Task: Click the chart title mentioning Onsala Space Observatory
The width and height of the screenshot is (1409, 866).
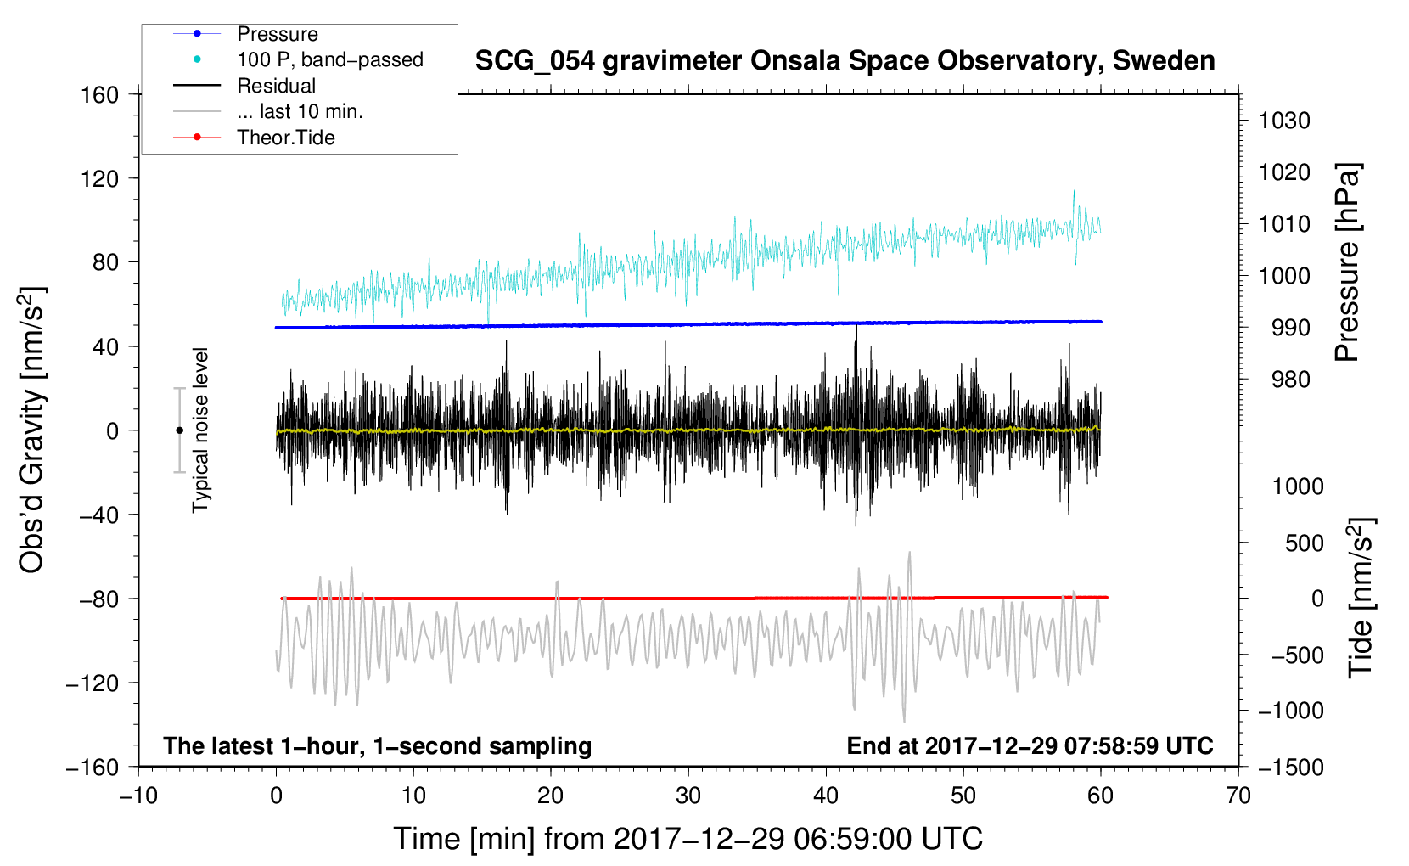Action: tap(845, 61)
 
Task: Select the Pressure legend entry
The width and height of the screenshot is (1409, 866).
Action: tap(277, 34)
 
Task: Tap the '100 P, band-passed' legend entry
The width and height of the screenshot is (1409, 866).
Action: tap(329, 59)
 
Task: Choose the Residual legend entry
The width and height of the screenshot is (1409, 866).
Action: tap(276, 86)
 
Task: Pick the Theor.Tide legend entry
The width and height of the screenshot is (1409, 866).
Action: tap(285, 138)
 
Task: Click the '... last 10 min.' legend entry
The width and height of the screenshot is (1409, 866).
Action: tap(300, 111)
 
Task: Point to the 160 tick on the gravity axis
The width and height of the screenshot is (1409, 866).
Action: tap(100, 94)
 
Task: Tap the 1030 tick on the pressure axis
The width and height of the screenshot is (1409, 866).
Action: tap(1284, 121)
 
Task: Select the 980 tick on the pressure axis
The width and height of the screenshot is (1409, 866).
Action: tap(1291, 380)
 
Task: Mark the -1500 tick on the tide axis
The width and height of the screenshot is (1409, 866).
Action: tap(1291, 767)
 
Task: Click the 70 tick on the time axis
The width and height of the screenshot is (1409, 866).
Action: tap(1238, 796)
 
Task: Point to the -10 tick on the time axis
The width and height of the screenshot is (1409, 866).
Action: tap(138, 796)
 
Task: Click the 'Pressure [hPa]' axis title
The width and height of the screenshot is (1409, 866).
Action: tap(1347, 262)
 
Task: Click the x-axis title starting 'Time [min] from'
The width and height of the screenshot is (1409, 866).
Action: tap(688, 839)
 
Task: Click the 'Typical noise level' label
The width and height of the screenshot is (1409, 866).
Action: tap(200, 430)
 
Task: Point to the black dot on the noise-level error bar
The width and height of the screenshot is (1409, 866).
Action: tap(179, 430)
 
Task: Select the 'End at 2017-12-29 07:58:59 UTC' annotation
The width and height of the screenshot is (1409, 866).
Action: tap(1030, 745)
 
